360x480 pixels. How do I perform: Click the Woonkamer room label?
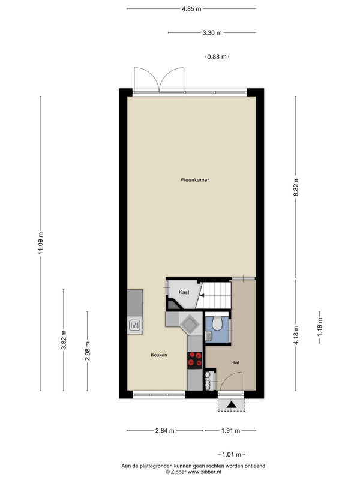(194, 180)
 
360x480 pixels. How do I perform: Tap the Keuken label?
(159, 355)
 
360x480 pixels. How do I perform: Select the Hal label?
(235, 362)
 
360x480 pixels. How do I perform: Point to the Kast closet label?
(184, 292)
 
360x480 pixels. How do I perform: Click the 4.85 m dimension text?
(191, 9)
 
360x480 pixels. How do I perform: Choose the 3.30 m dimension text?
(212, 33)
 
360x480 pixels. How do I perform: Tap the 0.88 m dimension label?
(217, 56)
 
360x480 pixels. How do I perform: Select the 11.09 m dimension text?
(41, 243)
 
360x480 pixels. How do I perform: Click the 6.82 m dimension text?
(296, 187)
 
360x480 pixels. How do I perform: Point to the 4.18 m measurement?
(296, 335)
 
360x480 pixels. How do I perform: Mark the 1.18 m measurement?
(320, 327)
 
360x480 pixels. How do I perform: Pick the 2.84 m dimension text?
(164, 431)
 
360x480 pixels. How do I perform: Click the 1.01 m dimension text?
(232, 455)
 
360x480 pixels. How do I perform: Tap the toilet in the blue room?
(217, 323)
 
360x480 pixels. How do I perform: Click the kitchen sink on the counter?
(135, 325)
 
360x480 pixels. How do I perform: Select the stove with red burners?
(194, 359)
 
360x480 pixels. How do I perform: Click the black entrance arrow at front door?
(232, 404)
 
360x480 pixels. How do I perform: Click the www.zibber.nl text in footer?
(204, 472)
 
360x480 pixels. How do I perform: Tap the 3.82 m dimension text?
(64, 340)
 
